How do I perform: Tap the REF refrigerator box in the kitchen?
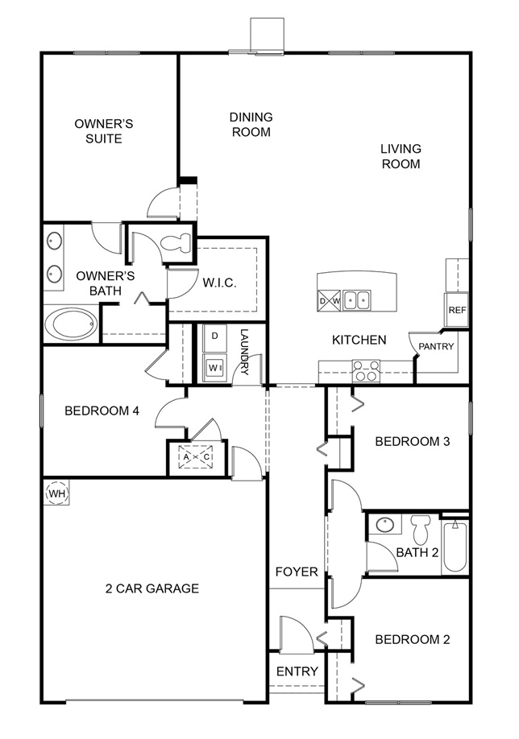(457, 310)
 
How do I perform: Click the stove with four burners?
(367, 372)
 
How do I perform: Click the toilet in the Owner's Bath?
(176, 242)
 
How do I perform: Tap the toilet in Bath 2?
(420, 530)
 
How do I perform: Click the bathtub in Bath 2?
(455, 546)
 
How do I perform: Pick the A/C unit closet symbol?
(197, 457)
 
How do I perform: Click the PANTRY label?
(436, 347)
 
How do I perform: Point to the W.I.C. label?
(218, 283)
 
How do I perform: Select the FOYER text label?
(297, 572)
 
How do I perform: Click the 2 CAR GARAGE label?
(152, 588)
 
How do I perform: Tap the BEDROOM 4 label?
(102, 411)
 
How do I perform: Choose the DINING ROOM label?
(251, 124)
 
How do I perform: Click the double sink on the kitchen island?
(356, 300)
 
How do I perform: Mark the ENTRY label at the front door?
(297, 671)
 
